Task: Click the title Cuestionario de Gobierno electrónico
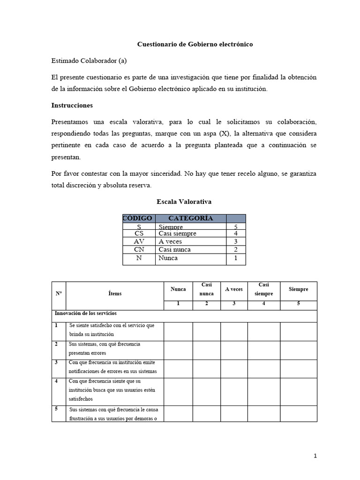195,44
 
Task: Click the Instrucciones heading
72,105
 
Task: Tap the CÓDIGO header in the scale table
138,218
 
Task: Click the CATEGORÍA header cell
190,218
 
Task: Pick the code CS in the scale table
139,233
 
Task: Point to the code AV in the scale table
139,241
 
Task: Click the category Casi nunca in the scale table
175,249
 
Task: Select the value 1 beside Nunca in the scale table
236,258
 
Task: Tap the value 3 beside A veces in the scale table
236,241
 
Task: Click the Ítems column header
114,293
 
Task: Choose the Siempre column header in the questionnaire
299,289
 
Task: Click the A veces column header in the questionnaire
234,289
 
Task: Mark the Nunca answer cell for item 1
178,331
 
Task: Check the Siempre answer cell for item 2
299,350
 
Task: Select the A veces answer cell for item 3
234,368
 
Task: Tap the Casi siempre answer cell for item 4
263,391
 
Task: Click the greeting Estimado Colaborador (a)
89,60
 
